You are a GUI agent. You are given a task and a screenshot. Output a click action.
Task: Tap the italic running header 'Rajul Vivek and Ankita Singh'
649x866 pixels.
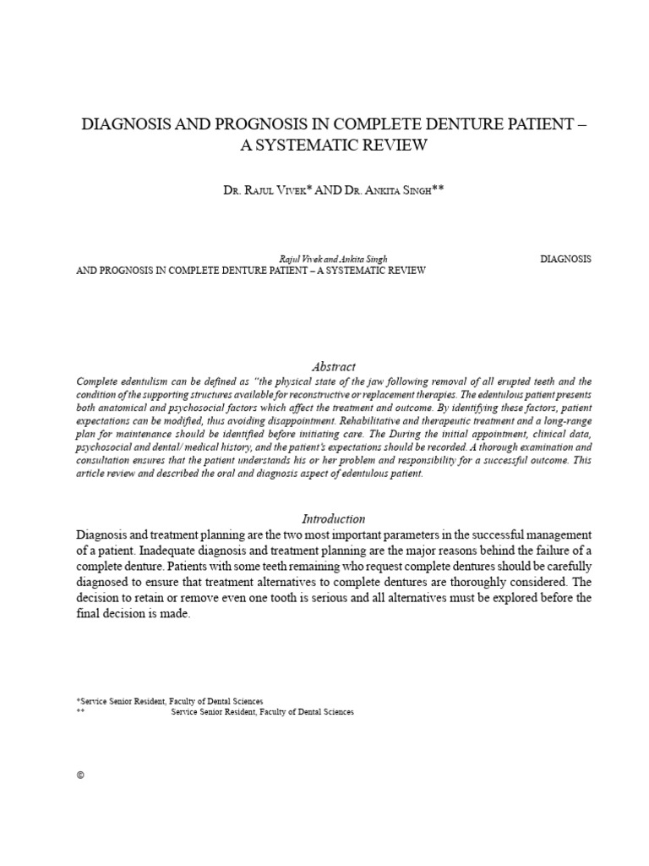click(x=333, y=259)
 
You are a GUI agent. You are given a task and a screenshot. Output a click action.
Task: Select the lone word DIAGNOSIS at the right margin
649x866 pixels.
click(x=564, y=259)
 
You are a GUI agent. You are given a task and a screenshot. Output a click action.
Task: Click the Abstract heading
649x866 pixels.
click(x=333, y=366)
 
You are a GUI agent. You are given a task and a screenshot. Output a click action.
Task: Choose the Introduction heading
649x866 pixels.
click(x=333, y=518)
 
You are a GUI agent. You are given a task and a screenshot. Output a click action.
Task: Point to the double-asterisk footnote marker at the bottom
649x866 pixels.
click(x=80, y=712)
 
